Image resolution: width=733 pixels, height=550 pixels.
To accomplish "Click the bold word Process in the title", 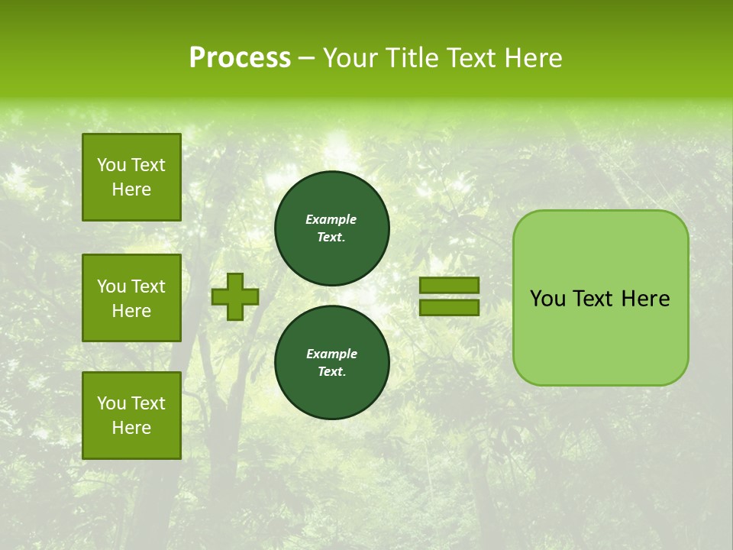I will click(240, 58).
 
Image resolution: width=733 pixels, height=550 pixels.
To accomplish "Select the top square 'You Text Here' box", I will click(131, 177).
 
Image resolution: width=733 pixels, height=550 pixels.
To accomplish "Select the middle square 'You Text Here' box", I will click(131, 298).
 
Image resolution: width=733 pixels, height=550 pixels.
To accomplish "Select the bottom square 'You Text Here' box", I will click(131, 416).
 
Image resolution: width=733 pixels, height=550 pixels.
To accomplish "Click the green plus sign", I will click(235, 296).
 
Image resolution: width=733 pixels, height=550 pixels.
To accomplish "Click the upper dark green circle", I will click(332, 228).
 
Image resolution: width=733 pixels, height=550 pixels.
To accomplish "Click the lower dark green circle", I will click(332, 363).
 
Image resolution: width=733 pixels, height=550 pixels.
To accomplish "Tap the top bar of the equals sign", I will click(449, 285).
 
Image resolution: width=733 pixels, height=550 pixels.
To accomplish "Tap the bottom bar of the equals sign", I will click(449, 307).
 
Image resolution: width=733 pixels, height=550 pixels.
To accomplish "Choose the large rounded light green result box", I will click(600, 298).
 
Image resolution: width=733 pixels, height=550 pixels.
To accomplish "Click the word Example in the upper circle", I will click(331, 220).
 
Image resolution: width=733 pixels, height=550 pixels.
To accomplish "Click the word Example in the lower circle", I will click(331, 354).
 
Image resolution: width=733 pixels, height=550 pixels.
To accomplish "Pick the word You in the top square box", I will click(111, 165).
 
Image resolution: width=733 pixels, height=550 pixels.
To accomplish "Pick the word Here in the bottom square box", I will click(131, 428).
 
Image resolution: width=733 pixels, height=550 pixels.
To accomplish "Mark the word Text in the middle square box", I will click(148, 286).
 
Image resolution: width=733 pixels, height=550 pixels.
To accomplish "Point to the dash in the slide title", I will click(306, 58).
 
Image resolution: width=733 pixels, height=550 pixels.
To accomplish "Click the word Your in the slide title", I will click(348, 58).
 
